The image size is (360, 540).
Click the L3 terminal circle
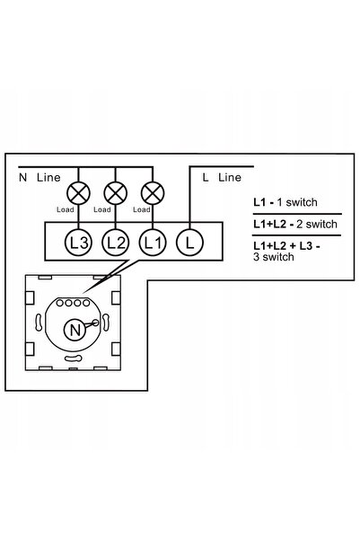(x=78, y=243)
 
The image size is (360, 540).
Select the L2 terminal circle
(x=116, y=243)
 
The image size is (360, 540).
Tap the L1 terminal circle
(x=153, y=243)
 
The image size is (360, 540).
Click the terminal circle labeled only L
(x=189, y=243)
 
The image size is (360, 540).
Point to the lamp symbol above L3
(x=78, y=193)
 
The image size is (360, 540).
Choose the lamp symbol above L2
(x=116, y=193)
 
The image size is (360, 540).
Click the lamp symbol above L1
(x=153, y=193)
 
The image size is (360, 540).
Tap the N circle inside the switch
(x=75, y=330)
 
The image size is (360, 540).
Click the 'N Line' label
(x=40, y=177)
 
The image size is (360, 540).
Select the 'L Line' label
(x=222, y=177)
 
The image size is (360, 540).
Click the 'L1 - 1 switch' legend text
(x=285, y=202)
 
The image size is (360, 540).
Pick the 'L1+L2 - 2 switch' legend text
(x=295, y=225)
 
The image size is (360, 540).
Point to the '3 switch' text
(x=274, y=257)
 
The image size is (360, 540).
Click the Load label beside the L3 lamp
(x=65, y=209)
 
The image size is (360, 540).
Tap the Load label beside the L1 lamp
(x=142, y=209)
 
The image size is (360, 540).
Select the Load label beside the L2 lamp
(x=101, y=209)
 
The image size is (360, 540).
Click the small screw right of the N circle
(x=95, y=323)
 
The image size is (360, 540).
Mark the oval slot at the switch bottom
(x=74, y=359)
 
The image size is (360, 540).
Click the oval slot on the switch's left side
(x=39, y=323)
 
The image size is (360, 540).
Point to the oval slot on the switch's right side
(x=106, y=323)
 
